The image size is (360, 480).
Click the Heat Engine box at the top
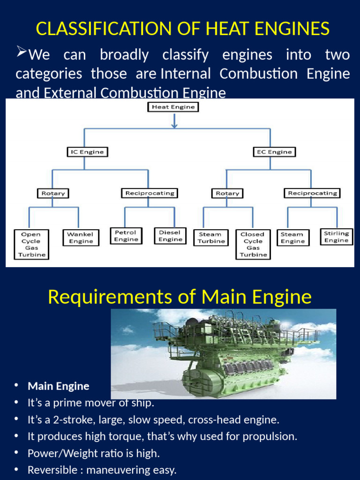tap(173, 107)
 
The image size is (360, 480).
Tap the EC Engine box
tap(274, 152)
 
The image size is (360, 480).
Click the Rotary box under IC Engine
tap(53, 193)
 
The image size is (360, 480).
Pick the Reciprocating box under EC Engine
tap(312, 193)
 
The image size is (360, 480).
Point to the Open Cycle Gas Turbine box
tap(30, 244)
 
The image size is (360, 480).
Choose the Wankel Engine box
tap(81, 238)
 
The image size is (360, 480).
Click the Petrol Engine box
tap(126, 236)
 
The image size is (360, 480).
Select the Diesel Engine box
tap(170, 236)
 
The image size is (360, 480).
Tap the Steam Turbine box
tap(211, 238)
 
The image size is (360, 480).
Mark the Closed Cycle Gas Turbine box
tap(253, 244)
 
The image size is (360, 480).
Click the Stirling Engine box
tap(337, 237)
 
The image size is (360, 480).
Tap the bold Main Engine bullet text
tap(59, 386)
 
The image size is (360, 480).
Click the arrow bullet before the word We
tap(21, 51)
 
